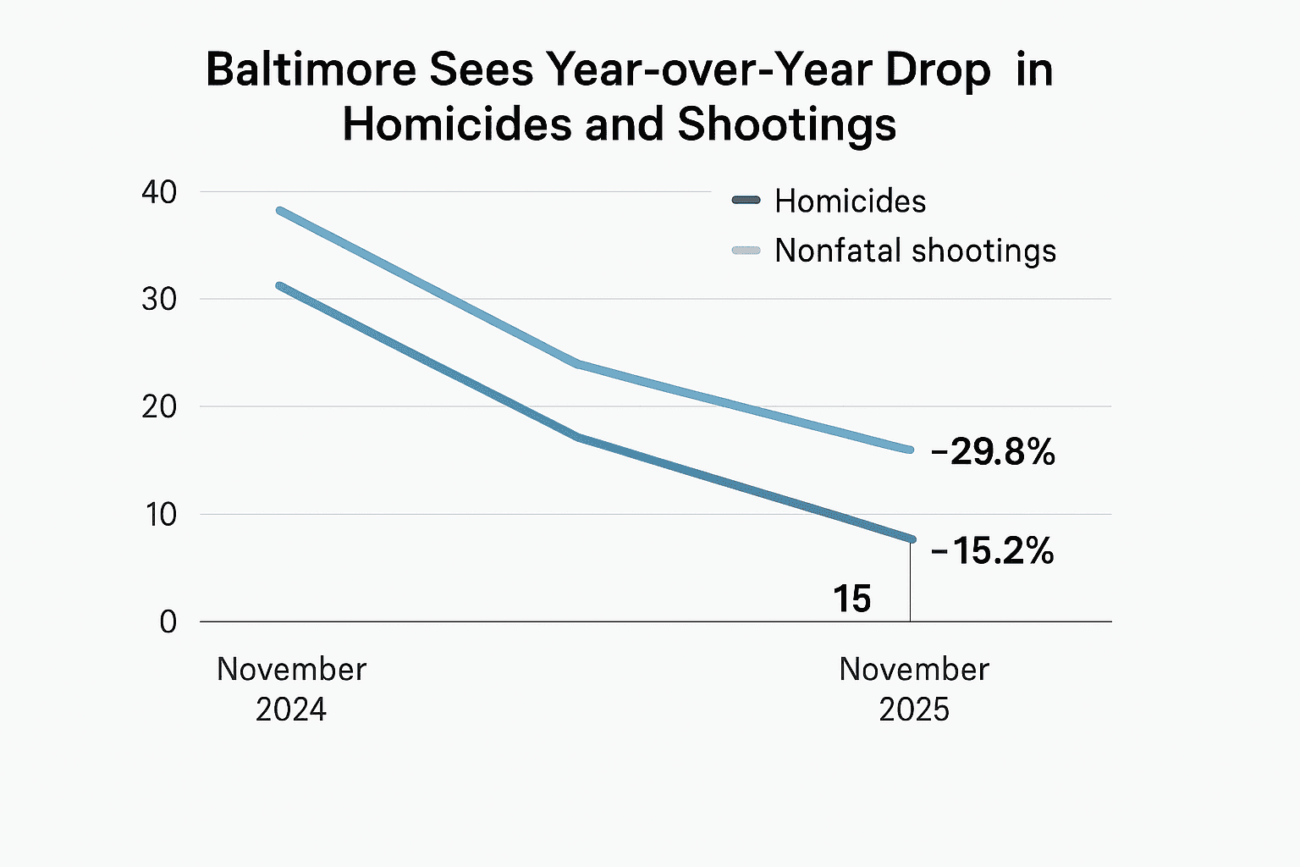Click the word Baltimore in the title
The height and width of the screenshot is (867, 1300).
311,69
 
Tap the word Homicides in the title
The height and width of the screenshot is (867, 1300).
454,124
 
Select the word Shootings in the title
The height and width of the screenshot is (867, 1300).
786,124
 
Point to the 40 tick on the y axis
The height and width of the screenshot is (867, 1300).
159,192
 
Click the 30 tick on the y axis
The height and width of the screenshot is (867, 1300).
159,299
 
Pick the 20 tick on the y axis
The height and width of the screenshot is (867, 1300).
159,406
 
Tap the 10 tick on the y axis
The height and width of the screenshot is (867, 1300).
159,514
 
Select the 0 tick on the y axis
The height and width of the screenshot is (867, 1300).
168,621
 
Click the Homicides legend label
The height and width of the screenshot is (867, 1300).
850,202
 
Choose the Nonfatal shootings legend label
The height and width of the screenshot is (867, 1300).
915,251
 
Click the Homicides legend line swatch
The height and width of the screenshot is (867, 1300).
746,201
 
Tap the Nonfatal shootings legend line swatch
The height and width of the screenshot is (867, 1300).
746,251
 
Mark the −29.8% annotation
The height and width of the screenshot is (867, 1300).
993,453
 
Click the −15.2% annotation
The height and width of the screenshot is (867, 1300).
992,551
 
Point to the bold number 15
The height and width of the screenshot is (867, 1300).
851,599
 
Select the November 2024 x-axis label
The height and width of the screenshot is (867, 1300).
291,688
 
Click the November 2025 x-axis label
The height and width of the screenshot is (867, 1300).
914,688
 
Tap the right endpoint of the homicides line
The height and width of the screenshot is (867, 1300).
911,538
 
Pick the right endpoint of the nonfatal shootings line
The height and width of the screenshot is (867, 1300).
911,450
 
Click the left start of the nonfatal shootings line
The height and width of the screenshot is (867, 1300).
280,210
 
